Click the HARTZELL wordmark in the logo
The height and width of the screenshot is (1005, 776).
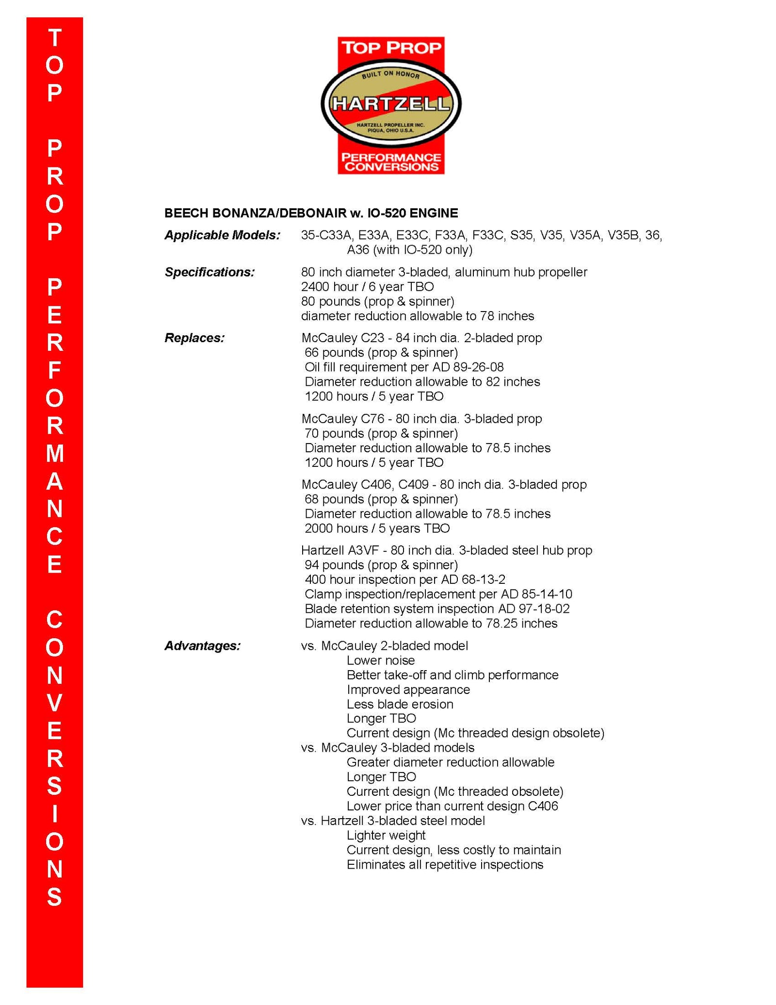click(390, 103)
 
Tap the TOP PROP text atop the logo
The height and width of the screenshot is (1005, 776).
click(391, 48)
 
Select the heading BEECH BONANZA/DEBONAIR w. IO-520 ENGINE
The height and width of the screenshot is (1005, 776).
click(311, 213)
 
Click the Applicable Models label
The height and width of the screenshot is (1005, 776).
click(223, 235)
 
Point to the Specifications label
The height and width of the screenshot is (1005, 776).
click(210, 272)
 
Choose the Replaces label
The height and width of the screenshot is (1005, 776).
click(194, 338)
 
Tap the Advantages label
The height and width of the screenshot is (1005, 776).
click(202, 646)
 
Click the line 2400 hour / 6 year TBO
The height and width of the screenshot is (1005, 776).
click(367, 287)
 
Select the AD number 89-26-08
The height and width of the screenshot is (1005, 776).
click(478, 367)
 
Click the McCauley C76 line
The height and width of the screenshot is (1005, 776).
click(421, 419)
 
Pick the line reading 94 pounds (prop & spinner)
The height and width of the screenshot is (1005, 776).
click(381, 565)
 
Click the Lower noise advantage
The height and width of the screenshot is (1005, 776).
click(381, 660)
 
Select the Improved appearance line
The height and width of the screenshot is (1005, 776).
click(408, 690)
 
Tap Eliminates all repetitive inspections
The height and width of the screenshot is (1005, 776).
click(445, 865)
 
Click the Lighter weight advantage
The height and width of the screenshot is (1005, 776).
click(386, 835)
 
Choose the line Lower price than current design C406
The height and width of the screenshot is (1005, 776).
click(452, 806)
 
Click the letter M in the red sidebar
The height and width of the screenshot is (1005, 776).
click(55, 454)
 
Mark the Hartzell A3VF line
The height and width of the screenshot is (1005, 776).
click(446, 550)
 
